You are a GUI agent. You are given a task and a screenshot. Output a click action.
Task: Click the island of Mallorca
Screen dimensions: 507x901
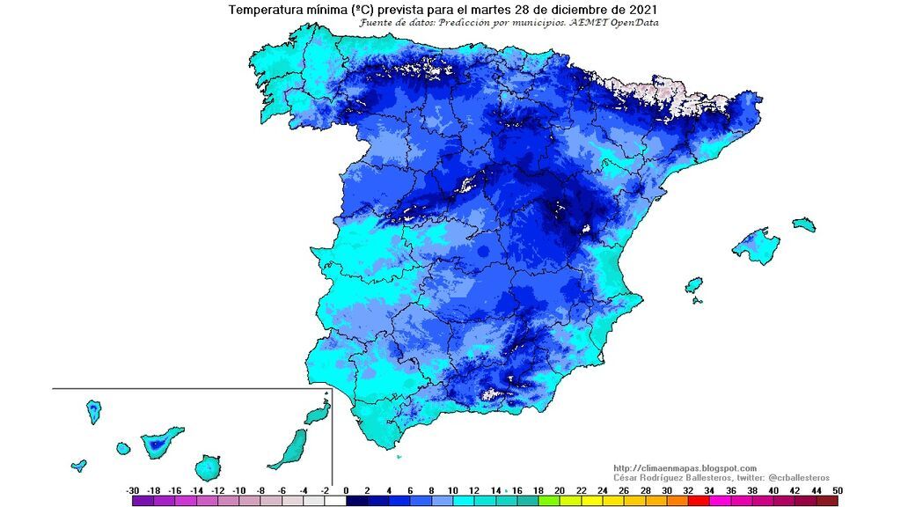[x=758, y=245]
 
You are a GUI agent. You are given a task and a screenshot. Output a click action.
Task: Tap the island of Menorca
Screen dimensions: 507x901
[x=803, y=224]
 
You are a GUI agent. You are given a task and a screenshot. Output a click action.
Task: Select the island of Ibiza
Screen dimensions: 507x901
[x=694, y=286]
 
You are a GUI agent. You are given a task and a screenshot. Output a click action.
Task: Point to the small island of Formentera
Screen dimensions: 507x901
[x=698, y=300]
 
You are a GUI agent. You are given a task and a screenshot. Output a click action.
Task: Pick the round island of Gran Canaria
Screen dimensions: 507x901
[x=209, y=467]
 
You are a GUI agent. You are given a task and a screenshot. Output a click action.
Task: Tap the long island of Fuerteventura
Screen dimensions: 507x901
[x=289, y=449]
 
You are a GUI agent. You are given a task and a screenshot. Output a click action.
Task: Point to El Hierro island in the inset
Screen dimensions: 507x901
[x=79, y=464]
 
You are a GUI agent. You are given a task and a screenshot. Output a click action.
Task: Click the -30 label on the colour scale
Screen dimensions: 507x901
[x=132, y=490]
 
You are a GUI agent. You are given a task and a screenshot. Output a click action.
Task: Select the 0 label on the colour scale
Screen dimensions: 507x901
[x=346, y=490]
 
